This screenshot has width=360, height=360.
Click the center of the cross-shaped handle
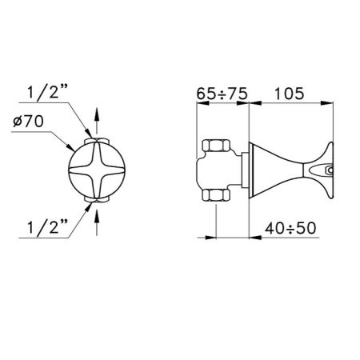click(x=96, y=170)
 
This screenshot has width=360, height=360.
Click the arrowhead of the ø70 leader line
click(x=73, y=148)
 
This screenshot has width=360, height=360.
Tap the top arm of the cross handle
click(x=96, y=152)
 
